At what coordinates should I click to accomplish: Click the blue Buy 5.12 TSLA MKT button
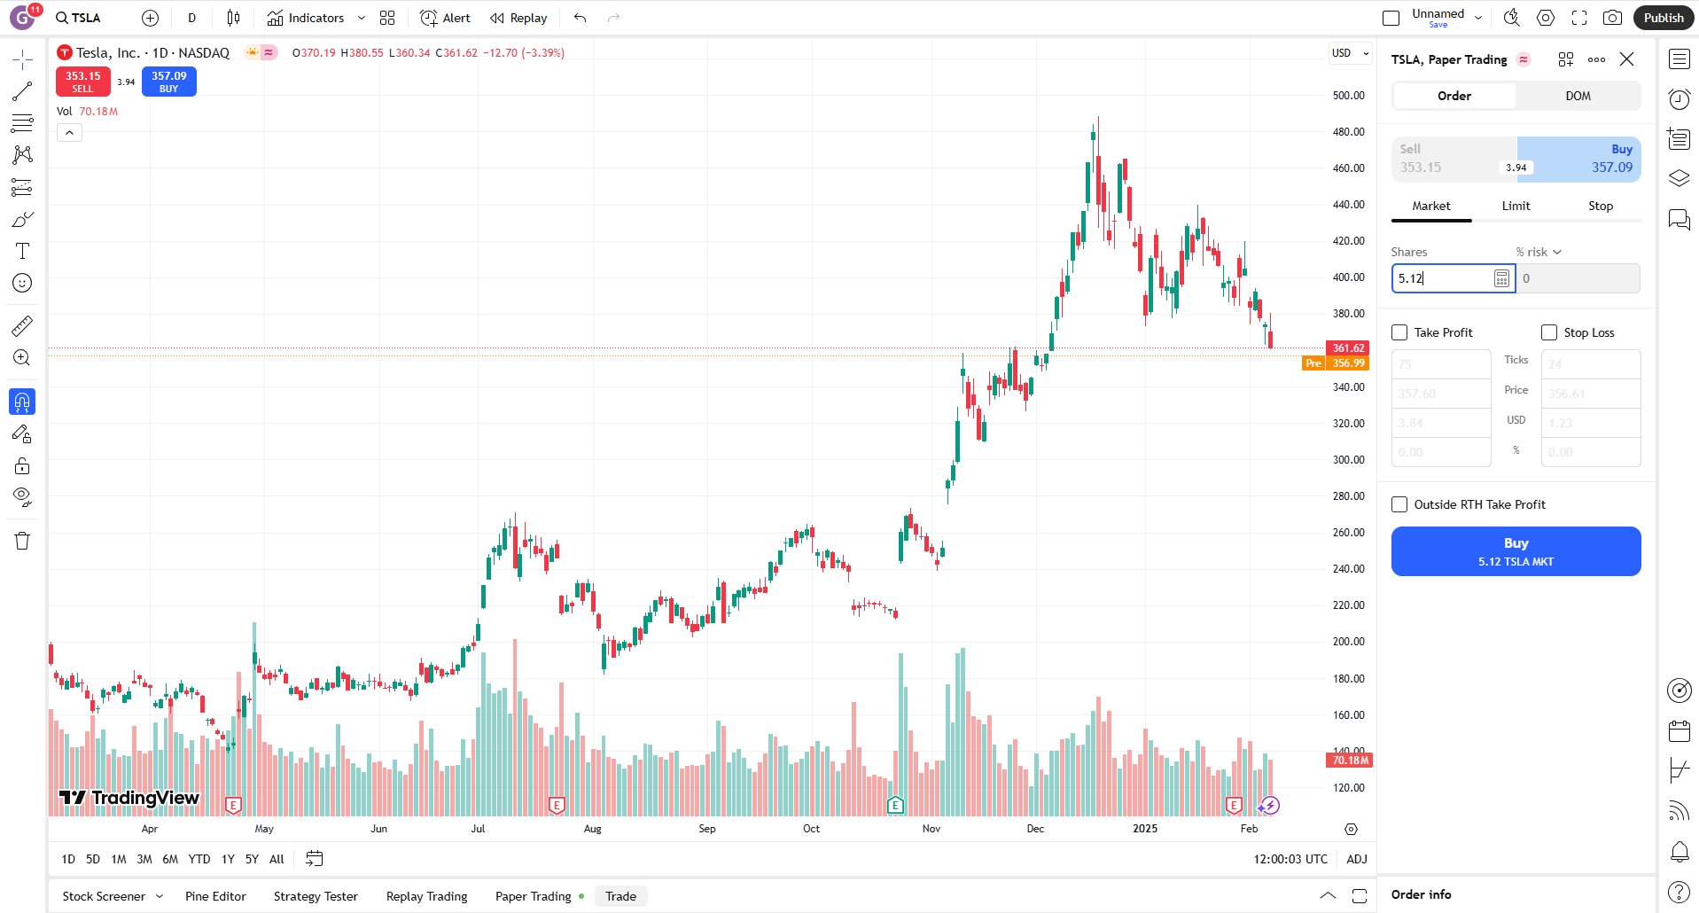pyautogui.click(x=1515, y=551)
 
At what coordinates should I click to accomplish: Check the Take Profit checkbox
pyautogui.click(x=1399, y=332)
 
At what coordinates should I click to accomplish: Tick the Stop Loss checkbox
pyautogui.click(x=1548, y=332)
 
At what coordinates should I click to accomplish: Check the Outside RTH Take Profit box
pyautogui.click(x=1399, y=504)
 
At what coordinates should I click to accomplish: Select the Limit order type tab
pyautogui.click(x=1515, y=206)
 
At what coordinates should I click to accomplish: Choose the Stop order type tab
pyautogui.click(x=1600, y=206)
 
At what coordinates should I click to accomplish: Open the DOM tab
pyautogui.click(x=1577, y=96)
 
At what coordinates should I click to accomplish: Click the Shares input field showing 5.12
pyautogui.click(x=1442, y=278)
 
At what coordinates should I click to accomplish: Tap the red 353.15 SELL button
pyautogui.click(x=82, y=82)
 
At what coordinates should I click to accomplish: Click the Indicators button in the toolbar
pyautogui.click(x=306, y=18)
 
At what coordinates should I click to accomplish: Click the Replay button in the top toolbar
pyautogui.click(x=519, y=18)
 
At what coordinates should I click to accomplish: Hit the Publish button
pyautogui.click(x=1663, y=18)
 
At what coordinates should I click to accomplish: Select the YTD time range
pyautogui.click(x=199, y=859)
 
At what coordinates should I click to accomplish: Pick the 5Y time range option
pyautogui.click(x=252, y=859)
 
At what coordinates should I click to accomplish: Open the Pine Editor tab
pyautogui.click(x=215, y=896)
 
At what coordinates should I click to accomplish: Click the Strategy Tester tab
pyautogui.click(x=316, y=896)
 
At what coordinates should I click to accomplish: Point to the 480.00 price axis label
pyautogui.click(x=1348, y=132)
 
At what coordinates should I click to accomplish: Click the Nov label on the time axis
pyautogui.click(x=931, y=829)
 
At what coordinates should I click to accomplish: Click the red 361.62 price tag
pyautogui.click(x=1347, y=348)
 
